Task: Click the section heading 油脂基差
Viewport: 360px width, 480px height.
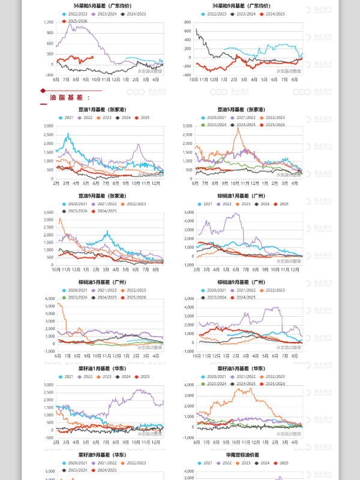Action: click(70, 97)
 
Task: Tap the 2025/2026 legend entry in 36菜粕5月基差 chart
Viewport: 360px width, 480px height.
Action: click(73, 21)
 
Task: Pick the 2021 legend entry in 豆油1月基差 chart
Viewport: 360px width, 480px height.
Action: click(68, 118)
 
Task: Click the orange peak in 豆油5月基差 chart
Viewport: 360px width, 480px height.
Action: click(238, 129)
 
